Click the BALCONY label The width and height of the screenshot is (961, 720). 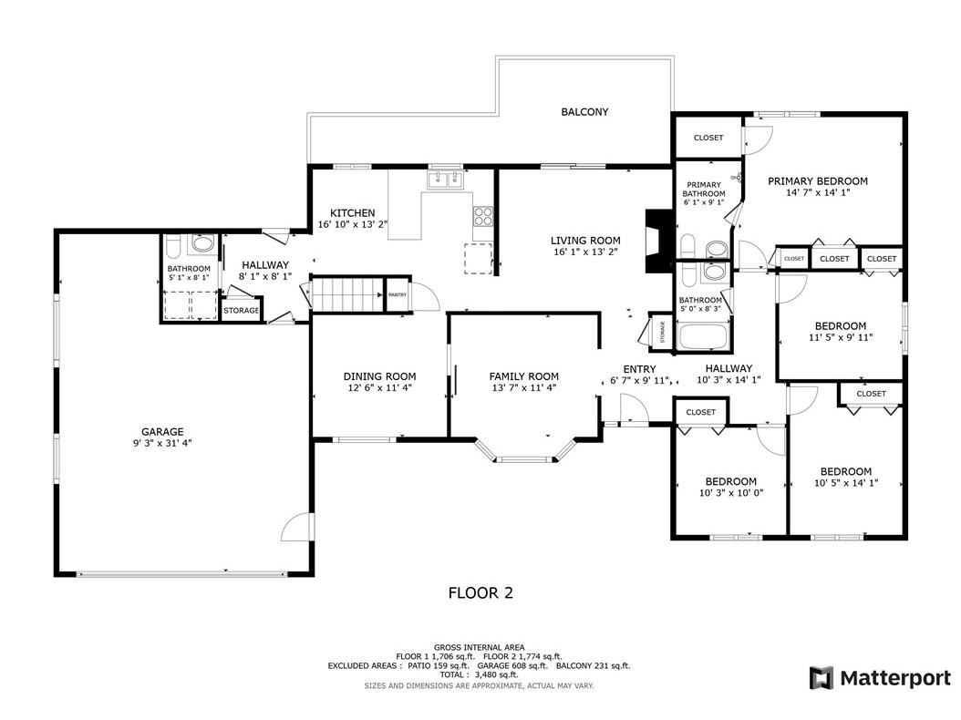pyautogui.click(x=584, y=112)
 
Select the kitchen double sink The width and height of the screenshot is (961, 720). pyautogui.click(x=445, y=180)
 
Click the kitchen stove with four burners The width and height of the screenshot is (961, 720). pyautogui.click(x=482, y=217)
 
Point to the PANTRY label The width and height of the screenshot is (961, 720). pyautogui.click(x=398, y=294)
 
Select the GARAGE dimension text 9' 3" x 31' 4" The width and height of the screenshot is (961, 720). pyautogui.click(x=161, y=443)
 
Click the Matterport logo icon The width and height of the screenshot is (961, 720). pyautogui.click(x=821, y=678)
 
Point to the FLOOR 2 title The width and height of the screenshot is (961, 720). pyautogui.click(x=480, y=593)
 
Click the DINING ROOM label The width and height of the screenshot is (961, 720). pyautogui.click(x=379, y=376)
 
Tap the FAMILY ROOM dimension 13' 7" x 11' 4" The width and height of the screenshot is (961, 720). pyautogui.click(x=523, y=387)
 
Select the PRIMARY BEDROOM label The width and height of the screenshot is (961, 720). pyautogui.click(x=817, y=181)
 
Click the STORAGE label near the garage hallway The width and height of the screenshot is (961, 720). pyautogui.click(x=242, y=311)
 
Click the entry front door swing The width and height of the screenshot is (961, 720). pyautogui.click(x=632, y=413)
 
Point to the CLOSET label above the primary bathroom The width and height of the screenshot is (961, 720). pyautogui.click(x=708, y=138)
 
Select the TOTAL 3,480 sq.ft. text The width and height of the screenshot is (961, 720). pyautogui.click(x=479, y=675)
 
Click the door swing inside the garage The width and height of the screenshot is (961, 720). pyautogui.click(x=296, y=529)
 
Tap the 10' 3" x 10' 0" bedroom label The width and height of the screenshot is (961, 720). pyautogui.click(x=730, y=481)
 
